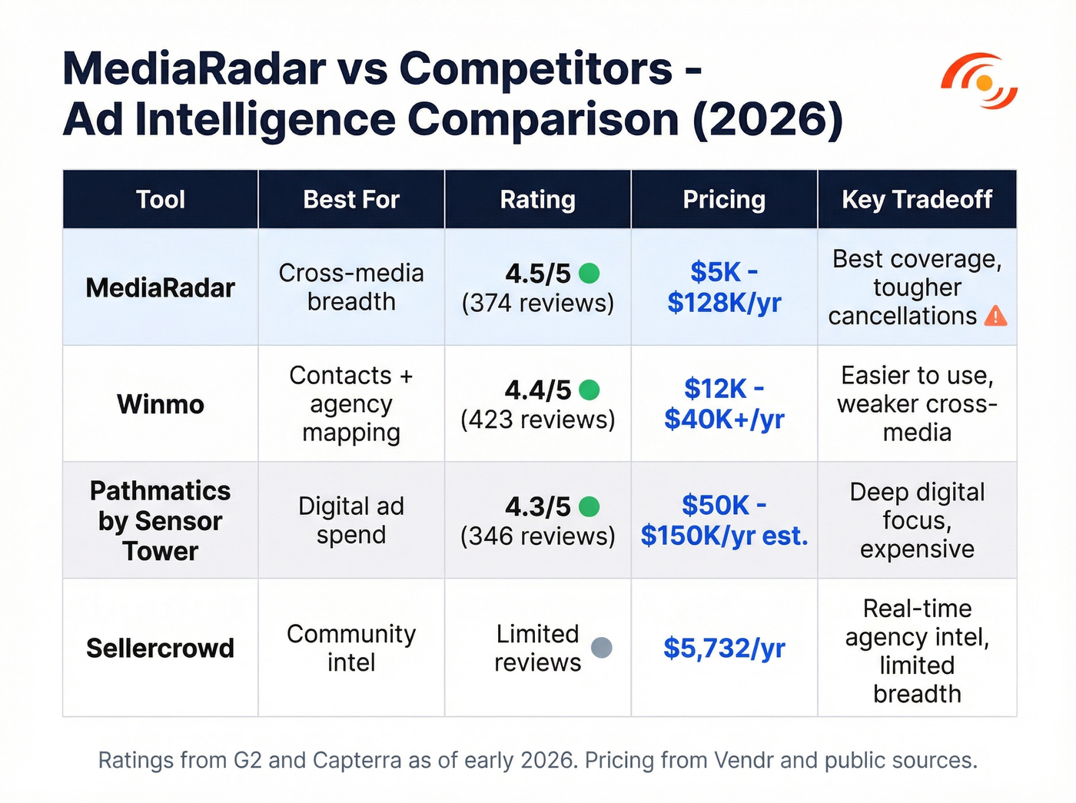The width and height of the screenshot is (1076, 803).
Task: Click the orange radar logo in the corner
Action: click(979, 81)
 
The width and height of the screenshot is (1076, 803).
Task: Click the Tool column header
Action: click(160, 200)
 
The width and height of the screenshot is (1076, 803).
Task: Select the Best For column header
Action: click(351, 200)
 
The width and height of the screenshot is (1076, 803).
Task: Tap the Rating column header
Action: click(537, 200)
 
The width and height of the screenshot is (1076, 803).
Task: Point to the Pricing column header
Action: click(724, 200)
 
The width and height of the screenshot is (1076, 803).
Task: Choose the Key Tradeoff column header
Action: click(917, 200)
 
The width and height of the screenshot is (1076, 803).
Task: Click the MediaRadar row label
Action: click(160, 288)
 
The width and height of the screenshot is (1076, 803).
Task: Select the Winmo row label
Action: click(160, 404)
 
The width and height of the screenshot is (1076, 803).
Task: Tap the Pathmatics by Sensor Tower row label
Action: click(160, 521)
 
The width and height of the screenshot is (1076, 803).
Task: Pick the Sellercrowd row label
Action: click(160, 649)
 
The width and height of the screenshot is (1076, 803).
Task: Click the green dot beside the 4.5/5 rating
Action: click(589, 273)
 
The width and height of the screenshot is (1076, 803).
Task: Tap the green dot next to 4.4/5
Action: click(589, 390)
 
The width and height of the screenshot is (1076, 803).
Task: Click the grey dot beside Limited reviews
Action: click(601, 648)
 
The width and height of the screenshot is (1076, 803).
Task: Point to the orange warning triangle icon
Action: click(995, 316)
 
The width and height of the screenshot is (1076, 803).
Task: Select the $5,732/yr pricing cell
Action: click(724, 649)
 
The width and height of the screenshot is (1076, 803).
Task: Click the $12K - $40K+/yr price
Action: click(724, 404)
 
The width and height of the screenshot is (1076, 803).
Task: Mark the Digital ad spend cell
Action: click(351, 521)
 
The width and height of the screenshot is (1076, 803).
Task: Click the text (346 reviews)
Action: click(537, 536)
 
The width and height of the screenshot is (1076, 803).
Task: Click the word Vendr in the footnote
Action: click(743, 761)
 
